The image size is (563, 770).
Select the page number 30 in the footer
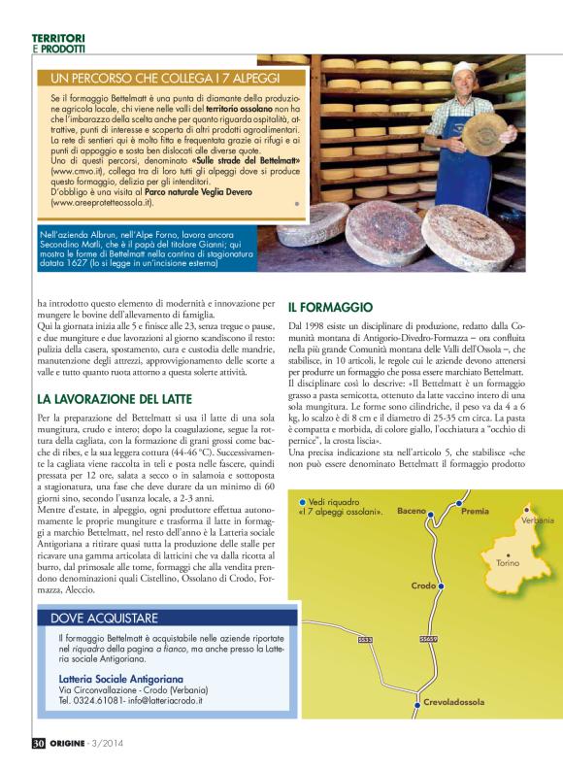(38, 744)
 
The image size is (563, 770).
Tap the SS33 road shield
(366, 640)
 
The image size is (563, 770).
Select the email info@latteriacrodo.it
(154, 699)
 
